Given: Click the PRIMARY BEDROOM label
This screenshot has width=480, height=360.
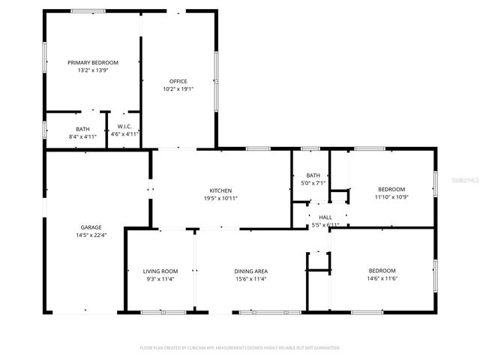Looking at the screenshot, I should tap(93, 63).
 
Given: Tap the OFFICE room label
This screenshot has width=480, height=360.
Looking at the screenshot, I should tap(178, 82).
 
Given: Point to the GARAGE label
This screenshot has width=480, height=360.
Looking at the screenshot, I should tap(91, 227).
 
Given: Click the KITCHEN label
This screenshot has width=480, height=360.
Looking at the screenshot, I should tap(220, 191).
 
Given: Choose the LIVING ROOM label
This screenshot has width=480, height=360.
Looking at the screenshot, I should tap(160, 271).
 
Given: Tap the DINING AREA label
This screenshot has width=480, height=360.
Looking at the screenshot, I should tap(251, 271).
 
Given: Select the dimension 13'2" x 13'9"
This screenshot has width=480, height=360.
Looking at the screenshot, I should tap(93, 70).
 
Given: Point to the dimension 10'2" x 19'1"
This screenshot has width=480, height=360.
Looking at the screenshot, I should tap(178, 89).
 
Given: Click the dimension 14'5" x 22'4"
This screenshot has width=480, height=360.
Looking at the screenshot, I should tap(91, 235).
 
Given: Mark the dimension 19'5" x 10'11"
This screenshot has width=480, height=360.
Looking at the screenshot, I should tap(220, 199).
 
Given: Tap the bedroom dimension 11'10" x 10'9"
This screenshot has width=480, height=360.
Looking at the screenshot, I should tap(391, 197).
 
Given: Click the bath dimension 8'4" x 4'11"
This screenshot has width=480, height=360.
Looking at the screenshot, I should tap(82, 136).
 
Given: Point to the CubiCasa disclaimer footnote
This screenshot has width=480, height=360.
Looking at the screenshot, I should tap(240, 348).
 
